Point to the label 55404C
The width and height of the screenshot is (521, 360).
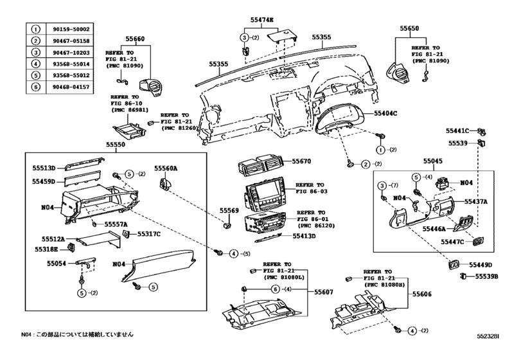386,113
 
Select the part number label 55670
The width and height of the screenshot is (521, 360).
301,161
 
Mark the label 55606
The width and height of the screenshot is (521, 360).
422,293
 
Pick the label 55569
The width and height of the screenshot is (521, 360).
229,210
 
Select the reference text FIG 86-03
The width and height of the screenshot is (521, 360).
311,192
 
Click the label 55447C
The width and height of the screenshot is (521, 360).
452,242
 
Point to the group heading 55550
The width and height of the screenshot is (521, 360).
118,146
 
